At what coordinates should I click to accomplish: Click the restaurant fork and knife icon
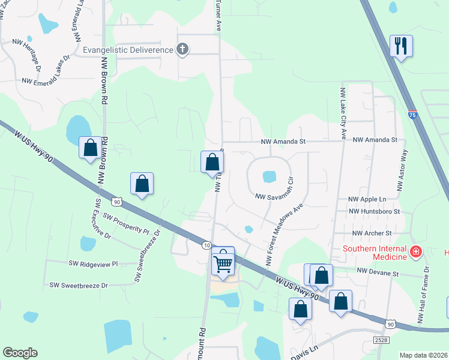pyautogui.click(x=401, y=46)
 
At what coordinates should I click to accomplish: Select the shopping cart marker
pyautogui.click(x=223, y=263)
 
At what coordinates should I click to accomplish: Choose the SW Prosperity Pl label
pyautogui.click(x=126, y=223)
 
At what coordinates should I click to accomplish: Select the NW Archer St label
pyautogui.click(x=372, y=233)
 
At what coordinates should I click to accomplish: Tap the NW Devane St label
pyautogui.click(x=378, y=272)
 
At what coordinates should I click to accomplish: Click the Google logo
pyautogui.click(x=20, y=353)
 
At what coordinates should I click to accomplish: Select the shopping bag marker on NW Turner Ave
pyautogui.click(x=212, y=162)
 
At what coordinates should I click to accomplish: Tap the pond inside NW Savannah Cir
pyautogui.click(x=270, y=176)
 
